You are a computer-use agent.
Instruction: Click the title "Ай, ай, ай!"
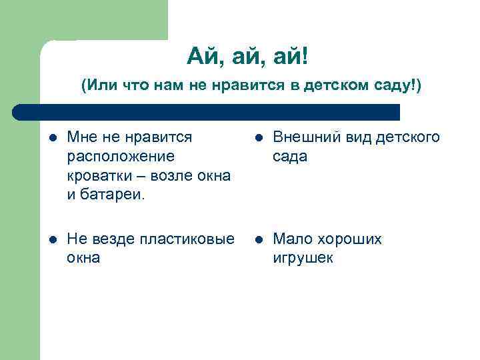(x=247, y=59)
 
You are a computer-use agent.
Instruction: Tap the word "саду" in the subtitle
(x=393, y=87)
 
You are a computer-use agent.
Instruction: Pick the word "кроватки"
(x=96, y=176)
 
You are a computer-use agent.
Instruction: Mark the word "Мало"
(x=291, y=239)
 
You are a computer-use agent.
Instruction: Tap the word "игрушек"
(x=302, y=259)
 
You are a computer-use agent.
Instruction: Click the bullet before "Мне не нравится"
(x=52, y=138)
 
